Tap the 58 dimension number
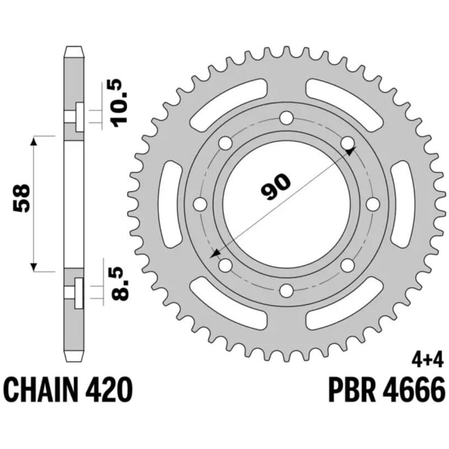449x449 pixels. click(21, 198)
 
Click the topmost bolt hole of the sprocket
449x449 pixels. click(286, 118)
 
